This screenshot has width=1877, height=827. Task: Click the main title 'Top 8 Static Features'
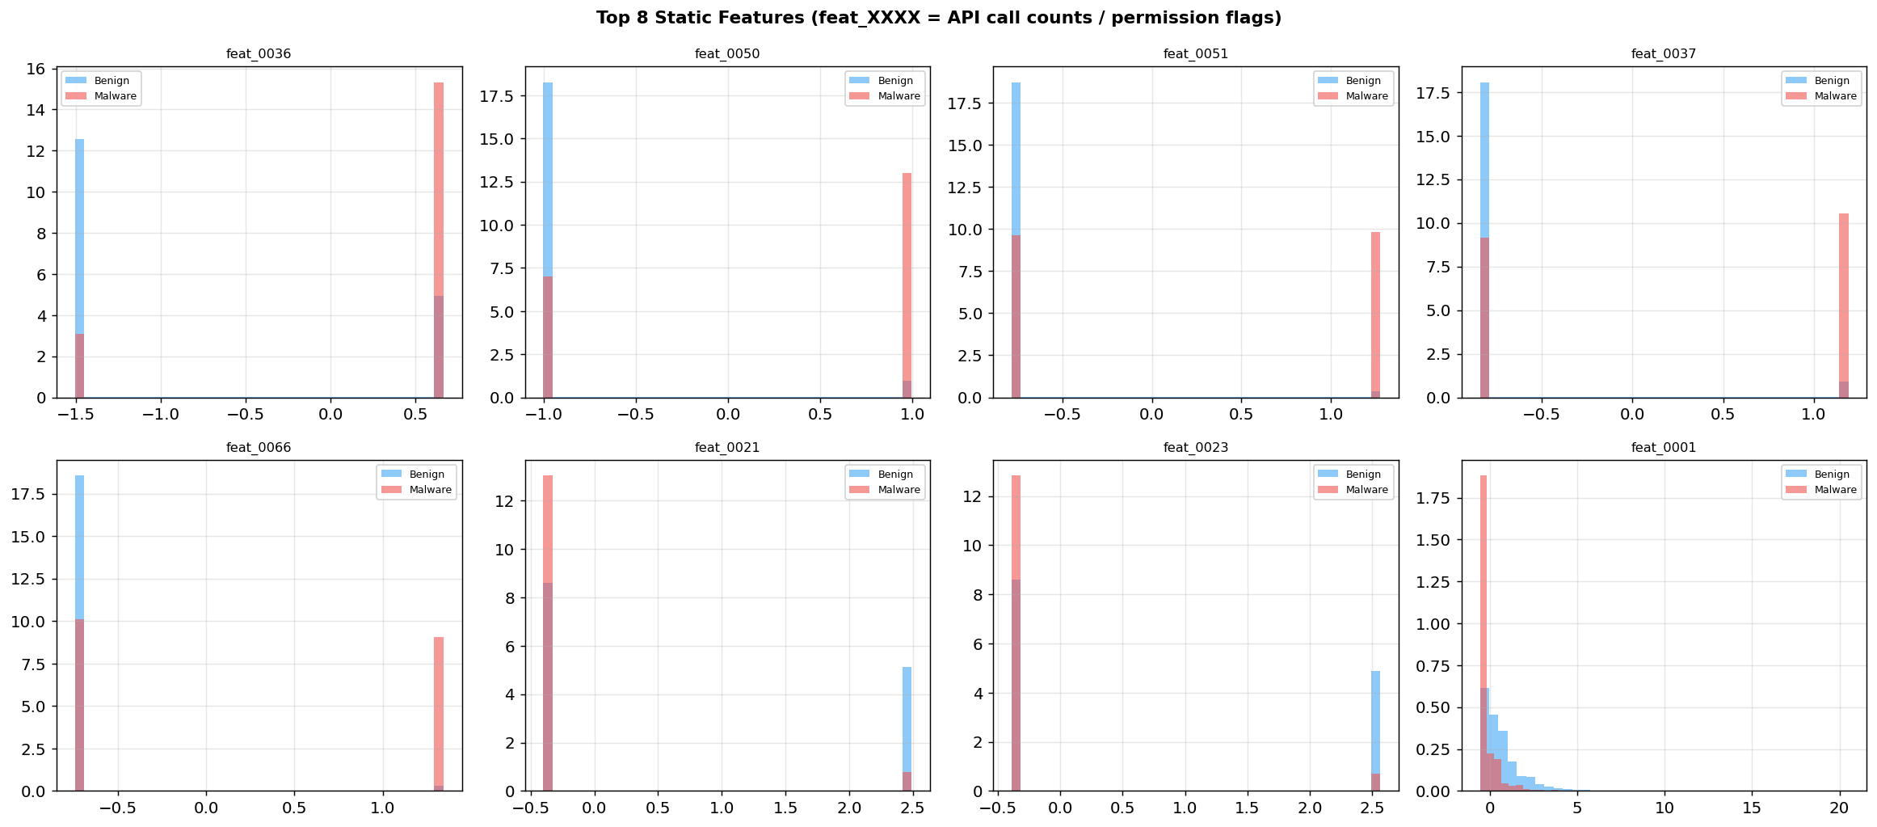coord(938,18)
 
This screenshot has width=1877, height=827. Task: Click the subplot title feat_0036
coord(259,54)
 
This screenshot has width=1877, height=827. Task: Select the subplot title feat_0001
coord(1664,448)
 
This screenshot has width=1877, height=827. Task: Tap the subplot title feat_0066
coord(259,448)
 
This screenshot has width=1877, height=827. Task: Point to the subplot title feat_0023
coord(1195,448)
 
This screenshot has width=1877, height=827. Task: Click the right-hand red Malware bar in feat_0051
coord(1375,307)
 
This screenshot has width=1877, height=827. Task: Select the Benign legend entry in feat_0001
coord(1832,475)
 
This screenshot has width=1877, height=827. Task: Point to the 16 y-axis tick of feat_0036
coord(36,69)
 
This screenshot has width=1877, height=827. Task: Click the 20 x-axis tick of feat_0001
coord(1839,808)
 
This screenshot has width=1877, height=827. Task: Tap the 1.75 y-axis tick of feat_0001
coord(1436,498)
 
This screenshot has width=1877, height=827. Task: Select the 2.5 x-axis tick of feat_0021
coord(912,808)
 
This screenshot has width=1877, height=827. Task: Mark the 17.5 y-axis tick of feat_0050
coord(498,97)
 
